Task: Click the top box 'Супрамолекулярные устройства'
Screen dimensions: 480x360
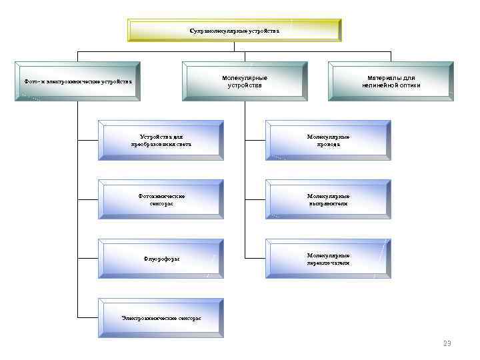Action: tap(235, 31)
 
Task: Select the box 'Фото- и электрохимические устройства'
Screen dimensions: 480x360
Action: tap(77, 81)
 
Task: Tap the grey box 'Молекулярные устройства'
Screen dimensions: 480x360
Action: tap(245, 81)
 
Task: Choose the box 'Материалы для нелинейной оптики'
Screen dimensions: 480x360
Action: tap(391, 81)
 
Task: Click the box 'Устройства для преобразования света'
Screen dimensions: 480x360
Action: tap(161, 140)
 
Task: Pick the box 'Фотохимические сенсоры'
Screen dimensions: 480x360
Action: tap(161, 199)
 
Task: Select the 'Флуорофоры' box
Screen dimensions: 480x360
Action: tap(161, 259)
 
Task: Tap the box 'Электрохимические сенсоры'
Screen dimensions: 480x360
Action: tap(161, 318)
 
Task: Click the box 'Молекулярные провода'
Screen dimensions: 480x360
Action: tap(328, 140)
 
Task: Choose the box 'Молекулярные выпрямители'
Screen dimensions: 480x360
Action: tap(328, 199)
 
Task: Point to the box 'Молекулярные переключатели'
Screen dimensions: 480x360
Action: tap(328, 259)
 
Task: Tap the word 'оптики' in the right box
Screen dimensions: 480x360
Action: tap(408, 85)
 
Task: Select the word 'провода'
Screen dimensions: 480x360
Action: tap(328, 144)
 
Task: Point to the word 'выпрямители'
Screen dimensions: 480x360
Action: tap(328, 203)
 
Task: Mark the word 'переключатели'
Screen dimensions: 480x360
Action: tap(328, 263)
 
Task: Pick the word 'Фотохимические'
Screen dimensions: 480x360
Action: tap(161, 196)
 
